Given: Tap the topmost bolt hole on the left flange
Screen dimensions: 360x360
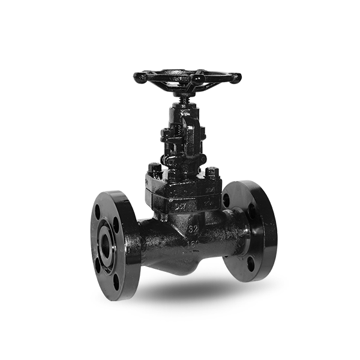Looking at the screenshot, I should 98,211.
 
